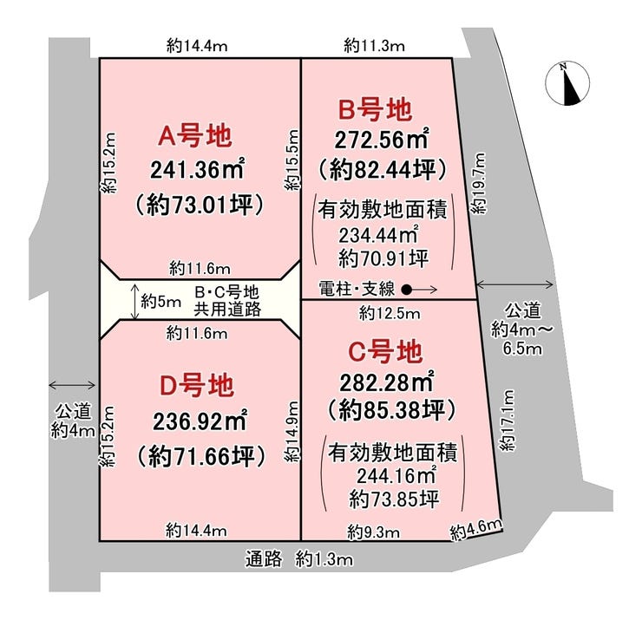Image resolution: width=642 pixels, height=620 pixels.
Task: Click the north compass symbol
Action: (x=564, y=83)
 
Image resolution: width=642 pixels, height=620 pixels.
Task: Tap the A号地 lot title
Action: (x=194, y=135)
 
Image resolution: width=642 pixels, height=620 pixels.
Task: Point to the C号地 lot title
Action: (x=385, y=352)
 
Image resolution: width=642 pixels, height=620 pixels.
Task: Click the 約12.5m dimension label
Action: (x=389, y=312)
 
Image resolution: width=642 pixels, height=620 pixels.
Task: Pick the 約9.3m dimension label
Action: (x=374, y=531)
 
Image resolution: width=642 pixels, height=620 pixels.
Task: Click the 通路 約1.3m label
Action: (x=298, y=559)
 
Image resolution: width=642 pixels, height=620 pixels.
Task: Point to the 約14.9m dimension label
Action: (x=292, y=430)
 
